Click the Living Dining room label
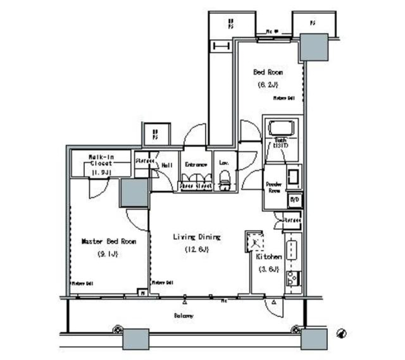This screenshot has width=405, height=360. (x=197, y=237)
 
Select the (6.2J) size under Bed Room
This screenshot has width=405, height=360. (x=267, y=84)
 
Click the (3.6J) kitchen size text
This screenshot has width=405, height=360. (x=268, y=270)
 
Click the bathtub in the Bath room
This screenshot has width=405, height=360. (x=281, y=128)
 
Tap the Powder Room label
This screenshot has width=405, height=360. (x=273, y=187)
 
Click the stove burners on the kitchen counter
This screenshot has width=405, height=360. (x=292, y=277)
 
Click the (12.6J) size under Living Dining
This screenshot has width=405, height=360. (x=197, y=250)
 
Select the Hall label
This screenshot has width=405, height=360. (x=166, y=166)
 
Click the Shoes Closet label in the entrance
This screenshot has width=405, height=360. (x=196, y=186)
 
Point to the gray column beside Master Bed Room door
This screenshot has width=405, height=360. (x=134, y=193)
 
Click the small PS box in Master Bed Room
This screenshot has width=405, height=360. (x=143, y=292)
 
